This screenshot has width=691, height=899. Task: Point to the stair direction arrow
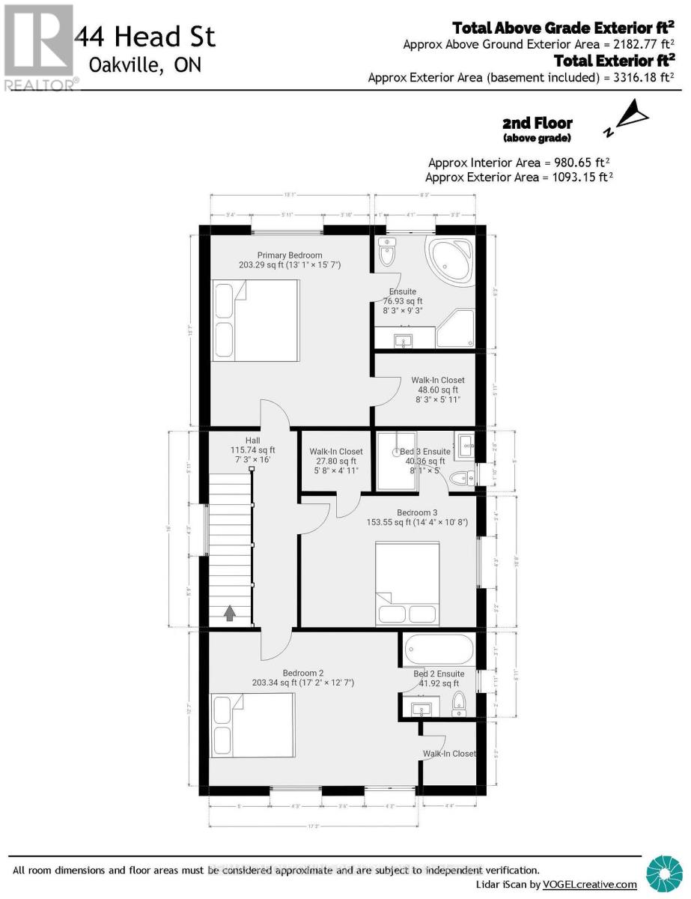[230, 614]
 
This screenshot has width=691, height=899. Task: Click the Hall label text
[252, 440]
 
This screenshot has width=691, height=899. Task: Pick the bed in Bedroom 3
[407, 583]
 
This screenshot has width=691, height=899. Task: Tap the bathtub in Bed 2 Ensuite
[439, 648]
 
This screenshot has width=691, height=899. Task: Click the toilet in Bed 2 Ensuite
[460, 703]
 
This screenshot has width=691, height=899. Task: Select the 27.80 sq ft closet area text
[336, 461]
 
